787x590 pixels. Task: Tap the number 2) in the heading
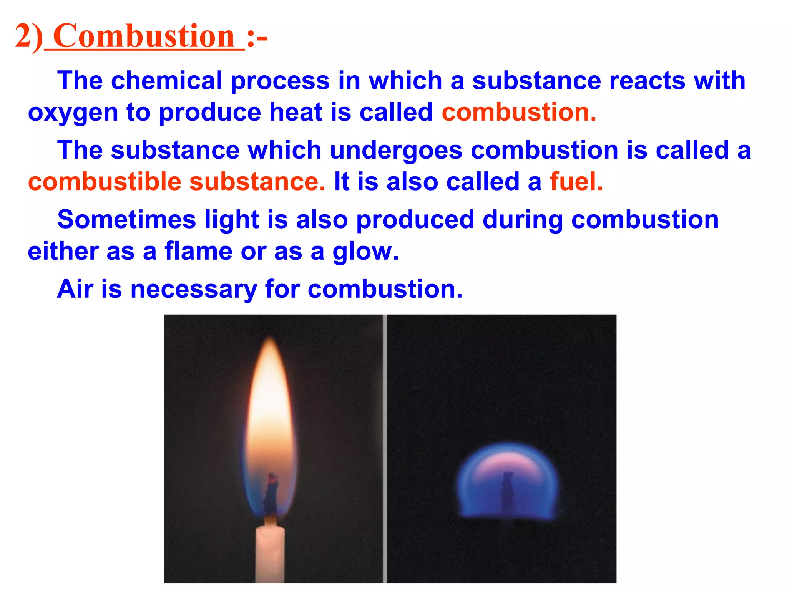(x=29, y=37)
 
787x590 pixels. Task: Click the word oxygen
(x=73, y=113)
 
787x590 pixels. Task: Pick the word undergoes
(x=396, y=151)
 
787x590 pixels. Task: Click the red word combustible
(x=105, y=182)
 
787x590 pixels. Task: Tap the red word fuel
(x=576, y=182)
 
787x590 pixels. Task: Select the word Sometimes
(x=127, y=220)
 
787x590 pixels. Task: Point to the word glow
(x=365, y=252)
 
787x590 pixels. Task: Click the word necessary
(x=194, y=290)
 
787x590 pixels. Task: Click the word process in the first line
(x=280, y=81)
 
